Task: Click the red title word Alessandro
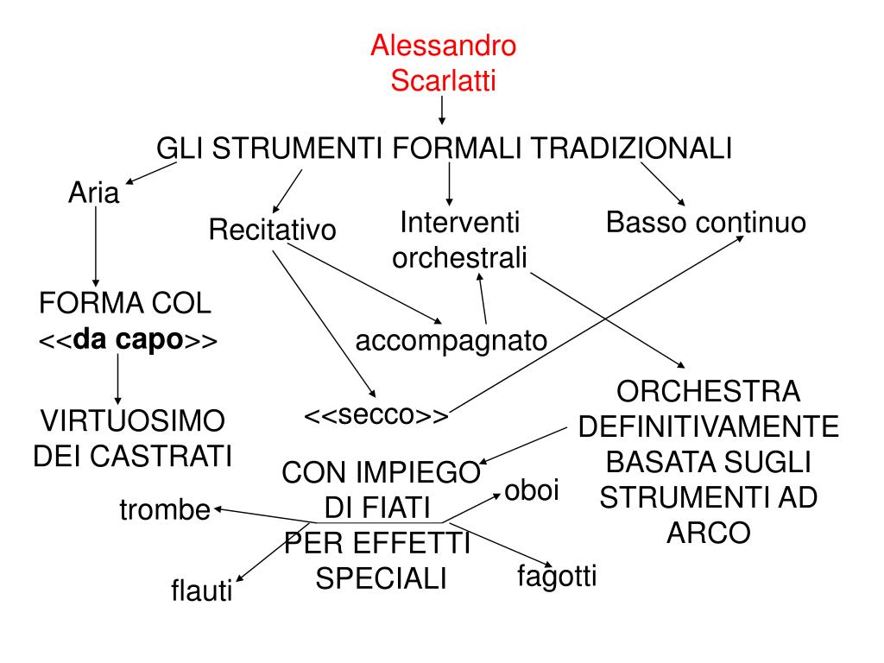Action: click(x=443, y=46)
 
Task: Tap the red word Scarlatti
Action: click(x=443, y=81)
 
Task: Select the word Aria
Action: click(x=93, y=193)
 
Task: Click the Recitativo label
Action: click(x=272, y=231)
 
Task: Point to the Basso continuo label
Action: click(x=705, y=224)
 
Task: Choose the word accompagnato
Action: click(x=451, y=340)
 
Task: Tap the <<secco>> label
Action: click(x=376, y=415)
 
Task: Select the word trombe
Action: click(x=164, y=511)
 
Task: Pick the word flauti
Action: click(x=202, y=592)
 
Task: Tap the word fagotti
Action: click(x=557, y=576)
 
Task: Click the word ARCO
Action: click(x=708, y=533)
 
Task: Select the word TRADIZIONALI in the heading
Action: click(x=630, y=148)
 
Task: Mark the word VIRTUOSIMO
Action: click(x=134, y=422)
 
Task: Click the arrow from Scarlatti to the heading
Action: click(x=442, y=110)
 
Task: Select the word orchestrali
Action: click(x=459, y=258)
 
